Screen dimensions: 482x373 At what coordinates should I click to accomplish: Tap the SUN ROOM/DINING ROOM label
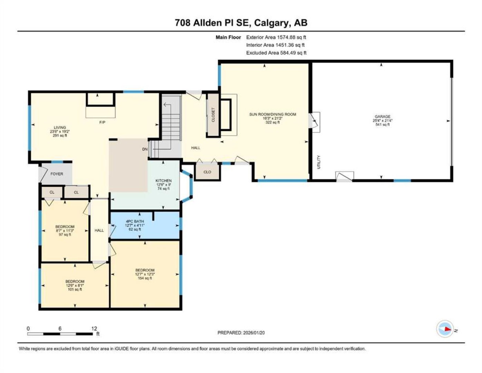coord(273,114)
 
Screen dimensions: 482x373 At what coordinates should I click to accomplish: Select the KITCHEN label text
coord(163,181)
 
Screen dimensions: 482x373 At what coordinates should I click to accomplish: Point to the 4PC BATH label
coord(135,221)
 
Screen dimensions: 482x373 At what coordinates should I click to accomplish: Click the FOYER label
coord(57,174)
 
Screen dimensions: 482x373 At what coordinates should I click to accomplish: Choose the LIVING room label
coord(60,127)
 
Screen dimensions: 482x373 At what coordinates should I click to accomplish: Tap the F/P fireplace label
coord(102,122)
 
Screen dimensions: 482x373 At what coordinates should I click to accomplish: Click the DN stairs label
coord(145,149)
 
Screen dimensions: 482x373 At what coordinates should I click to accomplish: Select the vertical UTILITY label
coord(319,162)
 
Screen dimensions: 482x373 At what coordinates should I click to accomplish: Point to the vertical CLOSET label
coord(213,115)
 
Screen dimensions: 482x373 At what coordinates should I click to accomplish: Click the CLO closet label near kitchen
coord(207,172)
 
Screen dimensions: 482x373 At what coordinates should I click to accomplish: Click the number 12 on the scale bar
coord(94,328)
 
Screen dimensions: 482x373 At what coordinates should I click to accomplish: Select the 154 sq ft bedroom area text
coord(145,278)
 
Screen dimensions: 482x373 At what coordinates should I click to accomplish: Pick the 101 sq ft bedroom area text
coord(75,289)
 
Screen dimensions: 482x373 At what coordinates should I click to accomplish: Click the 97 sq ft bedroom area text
coord(65,235)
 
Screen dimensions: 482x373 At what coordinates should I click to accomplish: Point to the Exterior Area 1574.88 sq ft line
coord(276,37)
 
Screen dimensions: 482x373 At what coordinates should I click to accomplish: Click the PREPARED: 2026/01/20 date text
coord(241,333)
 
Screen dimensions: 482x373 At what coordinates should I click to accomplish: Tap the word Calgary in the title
coord(272,23)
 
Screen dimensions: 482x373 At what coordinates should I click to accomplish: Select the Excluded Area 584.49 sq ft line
coord(276,53)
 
